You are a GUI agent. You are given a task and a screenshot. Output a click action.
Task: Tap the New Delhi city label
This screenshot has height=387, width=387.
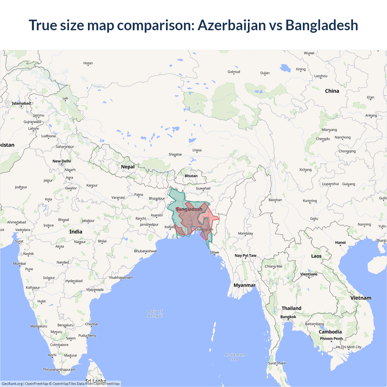click(62, 161)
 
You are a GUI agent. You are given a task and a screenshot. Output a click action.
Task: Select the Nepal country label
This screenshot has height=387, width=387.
click(128, 167)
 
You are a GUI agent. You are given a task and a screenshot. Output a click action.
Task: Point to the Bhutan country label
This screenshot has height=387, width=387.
click(191, 176)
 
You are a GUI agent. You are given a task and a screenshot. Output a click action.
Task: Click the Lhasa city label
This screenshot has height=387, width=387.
click(197, 150)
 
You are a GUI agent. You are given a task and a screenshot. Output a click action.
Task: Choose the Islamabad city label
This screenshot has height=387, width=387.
click(21, 103)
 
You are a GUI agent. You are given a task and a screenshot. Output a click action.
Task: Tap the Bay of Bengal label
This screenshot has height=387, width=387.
click(155, 313)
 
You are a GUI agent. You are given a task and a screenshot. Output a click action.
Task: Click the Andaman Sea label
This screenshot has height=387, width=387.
click(235, 357)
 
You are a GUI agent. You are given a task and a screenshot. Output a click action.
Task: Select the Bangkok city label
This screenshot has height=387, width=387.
click(288, 317)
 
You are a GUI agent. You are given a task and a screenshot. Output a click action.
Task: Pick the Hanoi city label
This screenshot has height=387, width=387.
click(340, 242)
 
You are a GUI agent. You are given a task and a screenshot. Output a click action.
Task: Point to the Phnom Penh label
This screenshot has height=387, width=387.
click(331, 339)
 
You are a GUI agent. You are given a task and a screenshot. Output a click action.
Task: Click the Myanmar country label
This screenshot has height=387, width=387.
click(244, 285)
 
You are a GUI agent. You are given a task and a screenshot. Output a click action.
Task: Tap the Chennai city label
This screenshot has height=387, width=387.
click(91, 324)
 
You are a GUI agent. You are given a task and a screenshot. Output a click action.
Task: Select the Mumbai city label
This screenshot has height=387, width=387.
click(19, 264)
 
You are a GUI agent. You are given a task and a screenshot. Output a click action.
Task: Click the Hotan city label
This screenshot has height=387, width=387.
click(88, 63)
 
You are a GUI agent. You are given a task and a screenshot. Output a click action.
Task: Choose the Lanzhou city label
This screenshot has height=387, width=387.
click(321, 76)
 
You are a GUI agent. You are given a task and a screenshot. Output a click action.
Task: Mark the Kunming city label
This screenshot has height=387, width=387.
click(310, 201)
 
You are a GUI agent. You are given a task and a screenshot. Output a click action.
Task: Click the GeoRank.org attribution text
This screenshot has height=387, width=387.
click(12, 384)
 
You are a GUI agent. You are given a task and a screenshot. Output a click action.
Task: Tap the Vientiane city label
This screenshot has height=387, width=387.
click(309, 274)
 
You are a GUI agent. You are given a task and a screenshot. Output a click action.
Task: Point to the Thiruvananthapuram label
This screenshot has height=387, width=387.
click(59, 369)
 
